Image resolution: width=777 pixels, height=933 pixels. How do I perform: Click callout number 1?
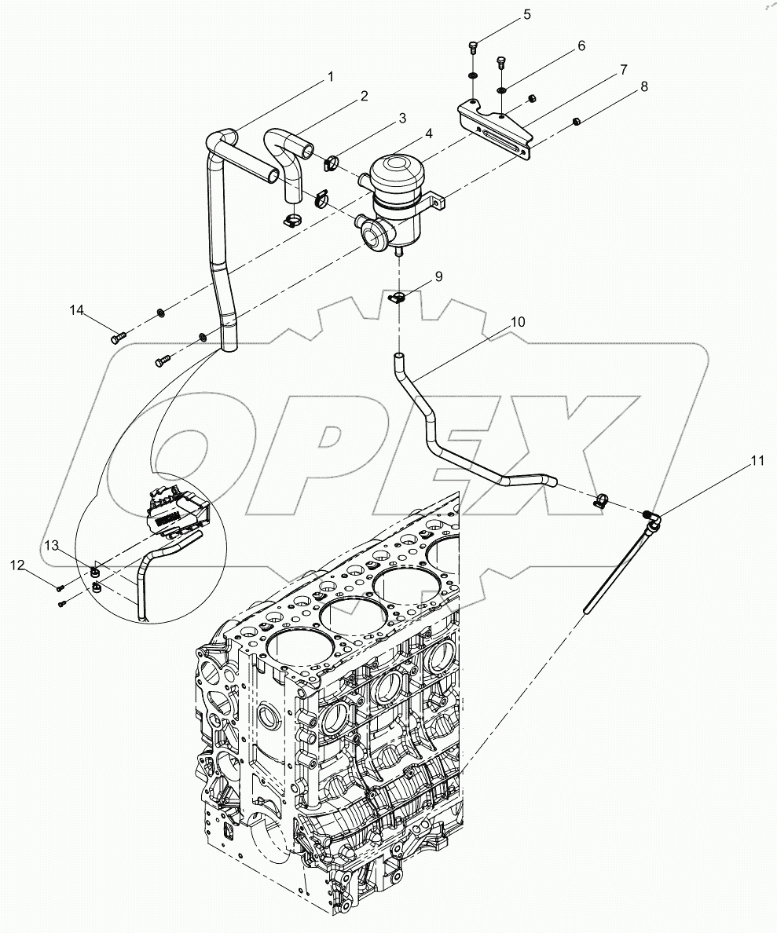(331, 76)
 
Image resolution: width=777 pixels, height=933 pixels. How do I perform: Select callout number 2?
(364, 96)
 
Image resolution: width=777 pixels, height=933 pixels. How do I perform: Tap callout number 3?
(401, 119)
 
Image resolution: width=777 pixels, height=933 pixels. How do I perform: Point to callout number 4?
(430, 134)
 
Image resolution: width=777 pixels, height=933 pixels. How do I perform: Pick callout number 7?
(622, 69)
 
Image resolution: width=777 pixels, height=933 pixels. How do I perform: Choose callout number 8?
(644, 87)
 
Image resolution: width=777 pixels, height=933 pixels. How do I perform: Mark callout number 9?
(438, 276)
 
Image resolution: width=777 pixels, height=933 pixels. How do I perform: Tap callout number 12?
(16, 564)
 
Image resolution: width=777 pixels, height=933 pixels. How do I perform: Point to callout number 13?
(51, 545)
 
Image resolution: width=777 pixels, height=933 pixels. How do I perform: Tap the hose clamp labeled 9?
(399, 298)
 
